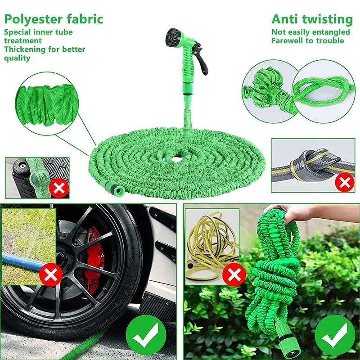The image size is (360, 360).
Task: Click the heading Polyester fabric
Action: coord(54,19)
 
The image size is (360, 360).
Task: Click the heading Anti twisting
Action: coord(311,19)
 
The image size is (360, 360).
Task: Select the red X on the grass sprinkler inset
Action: coord(51,274)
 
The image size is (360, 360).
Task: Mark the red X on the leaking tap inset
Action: coord(58,187)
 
